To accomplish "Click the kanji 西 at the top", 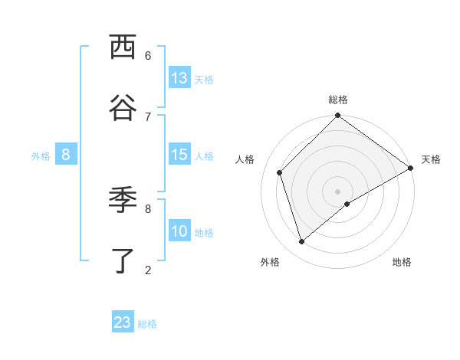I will [123, 47].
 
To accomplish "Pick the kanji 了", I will [123, 260].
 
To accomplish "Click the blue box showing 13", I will [179, 78].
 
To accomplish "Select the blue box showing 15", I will [179, 155].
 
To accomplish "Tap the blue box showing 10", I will [179, 231].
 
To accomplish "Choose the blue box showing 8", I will [66, 155].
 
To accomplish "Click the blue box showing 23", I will [123, 322].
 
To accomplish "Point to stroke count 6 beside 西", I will [148, 55].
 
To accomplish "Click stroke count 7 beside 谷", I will [148, 116].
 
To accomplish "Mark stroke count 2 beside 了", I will [148, 270].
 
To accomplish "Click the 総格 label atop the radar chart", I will [338, 100].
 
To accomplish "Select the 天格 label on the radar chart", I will [431, 159].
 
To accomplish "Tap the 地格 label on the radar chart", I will [402, 262].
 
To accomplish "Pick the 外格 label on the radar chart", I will [270, 262].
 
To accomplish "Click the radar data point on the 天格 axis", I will [411, 168].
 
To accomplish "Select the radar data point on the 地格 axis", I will [347, 204].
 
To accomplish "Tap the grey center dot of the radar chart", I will [338, 191].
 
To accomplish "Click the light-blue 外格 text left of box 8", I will [41, 155].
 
